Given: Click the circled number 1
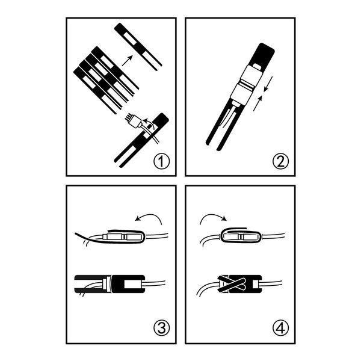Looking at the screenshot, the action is point(161,161).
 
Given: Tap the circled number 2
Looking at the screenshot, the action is point(280,161).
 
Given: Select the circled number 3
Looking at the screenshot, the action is point(161,328).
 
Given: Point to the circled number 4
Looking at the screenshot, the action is point(280,328).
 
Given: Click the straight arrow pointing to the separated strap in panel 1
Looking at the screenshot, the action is point(128,61).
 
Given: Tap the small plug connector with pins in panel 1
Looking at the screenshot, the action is point(132,122).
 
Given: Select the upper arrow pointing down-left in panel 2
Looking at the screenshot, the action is point(268,84).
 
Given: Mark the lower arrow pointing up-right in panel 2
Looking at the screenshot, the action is point(258,103).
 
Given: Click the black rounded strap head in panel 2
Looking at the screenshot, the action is point(264,55).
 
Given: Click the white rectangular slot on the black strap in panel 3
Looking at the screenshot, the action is point(132,284).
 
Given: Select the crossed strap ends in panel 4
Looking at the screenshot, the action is point(232,285).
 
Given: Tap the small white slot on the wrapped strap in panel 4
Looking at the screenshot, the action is point(256,285).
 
